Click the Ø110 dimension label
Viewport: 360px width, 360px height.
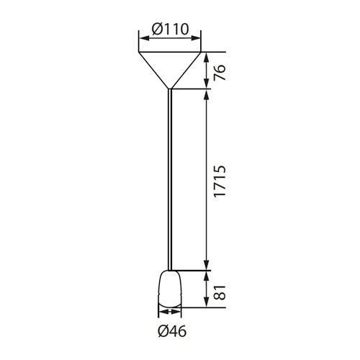tap(171, 29)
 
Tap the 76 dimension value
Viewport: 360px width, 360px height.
tap(220, 72)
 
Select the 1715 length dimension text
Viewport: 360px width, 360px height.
tap(220, 181)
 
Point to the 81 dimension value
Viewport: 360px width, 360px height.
tap(220, 292)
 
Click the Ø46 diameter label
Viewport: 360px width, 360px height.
tap(172, 332)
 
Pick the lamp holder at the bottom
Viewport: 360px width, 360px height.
tap(170, 289)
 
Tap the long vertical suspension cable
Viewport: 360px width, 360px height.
tap(170, 179)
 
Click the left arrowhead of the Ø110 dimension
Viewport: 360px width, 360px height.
tap(143, 38)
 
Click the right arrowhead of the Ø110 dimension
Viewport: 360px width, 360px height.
tap(196, 38)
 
